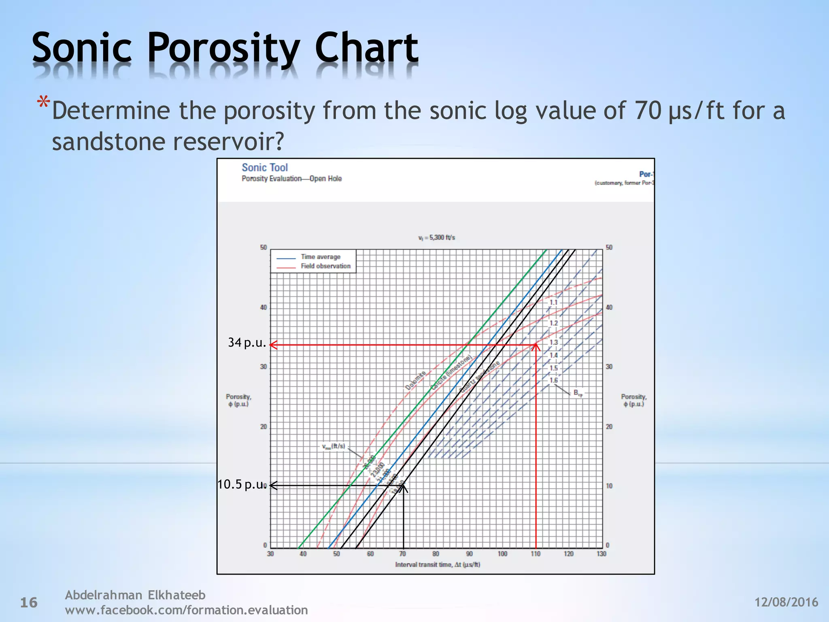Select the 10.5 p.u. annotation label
point(242,484)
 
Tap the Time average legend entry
point(320,257)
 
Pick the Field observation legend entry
point(325,266)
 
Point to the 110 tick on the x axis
point(535,554)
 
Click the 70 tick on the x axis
point(402,554)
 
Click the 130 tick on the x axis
point(601,554)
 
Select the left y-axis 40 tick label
point(264,308)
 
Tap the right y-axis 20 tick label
point(609,427)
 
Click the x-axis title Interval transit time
point(437,564)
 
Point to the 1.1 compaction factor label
point(553,302)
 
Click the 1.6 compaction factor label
point(553,380)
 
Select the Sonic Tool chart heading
point(265,168)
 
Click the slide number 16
point(29,603)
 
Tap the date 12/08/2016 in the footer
point(786,602)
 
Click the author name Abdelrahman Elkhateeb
point(135,595)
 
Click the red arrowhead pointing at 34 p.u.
point(273,345)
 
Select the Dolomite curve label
point(415,380)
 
